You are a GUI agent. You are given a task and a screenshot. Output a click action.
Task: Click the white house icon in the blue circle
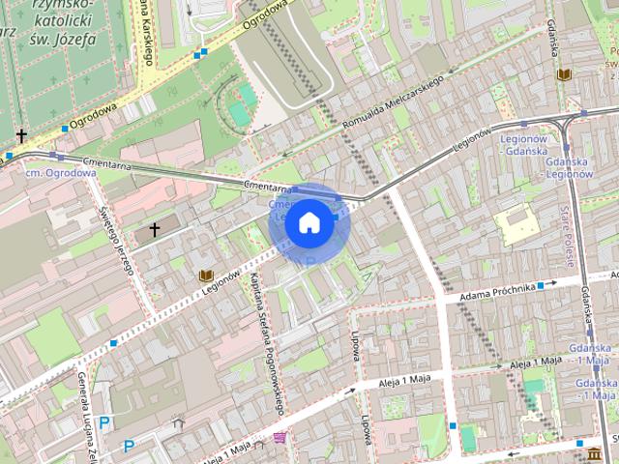click(x=309, y=222)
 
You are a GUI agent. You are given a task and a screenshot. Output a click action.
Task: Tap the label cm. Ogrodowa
click(x=60, y=172)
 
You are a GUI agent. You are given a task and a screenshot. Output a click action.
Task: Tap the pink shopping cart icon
click(x=280, y=438)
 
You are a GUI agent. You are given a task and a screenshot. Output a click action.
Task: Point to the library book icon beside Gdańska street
click(x=561, y=73)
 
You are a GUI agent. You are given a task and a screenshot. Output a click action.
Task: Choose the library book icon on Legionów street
click(x=205, y=276)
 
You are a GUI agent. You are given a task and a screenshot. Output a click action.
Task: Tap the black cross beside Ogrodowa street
click(x=20, y=136)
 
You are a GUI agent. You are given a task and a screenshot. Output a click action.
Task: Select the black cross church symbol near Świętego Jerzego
click(x=156, y=232)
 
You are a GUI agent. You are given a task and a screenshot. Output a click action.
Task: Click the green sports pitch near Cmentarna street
click(x=239, y=114)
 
